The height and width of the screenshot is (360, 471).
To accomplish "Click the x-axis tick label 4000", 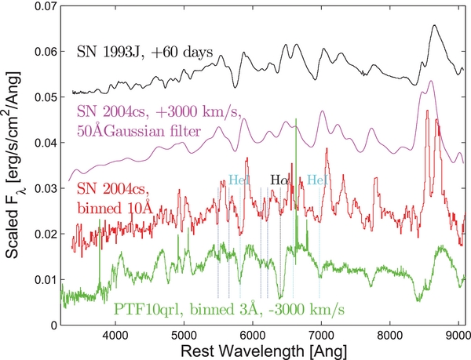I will click(115, 333).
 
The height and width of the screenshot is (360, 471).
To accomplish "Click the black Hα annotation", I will click(279, 180).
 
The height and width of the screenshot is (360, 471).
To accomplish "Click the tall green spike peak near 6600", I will click(296, 120).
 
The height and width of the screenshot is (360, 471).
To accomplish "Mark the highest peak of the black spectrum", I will click(435, 26).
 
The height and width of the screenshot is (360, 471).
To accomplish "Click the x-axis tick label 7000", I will click(321, 333).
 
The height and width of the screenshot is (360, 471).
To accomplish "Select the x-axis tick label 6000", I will click(252, 333).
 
